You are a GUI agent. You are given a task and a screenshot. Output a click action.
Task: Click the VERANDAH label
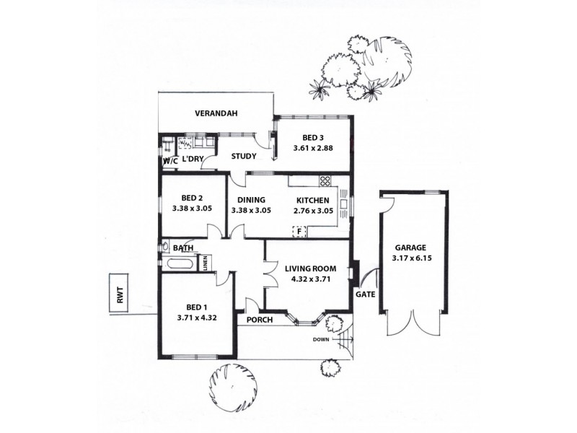pos(216,113)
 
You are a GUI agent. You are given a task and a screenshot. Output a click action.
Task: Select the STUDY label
pos(244,155)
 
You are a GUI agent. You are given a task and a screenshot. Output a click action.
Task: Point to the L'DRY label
pos(192,159)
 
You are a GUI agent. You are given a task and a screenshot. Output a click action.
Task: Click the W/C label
pos(170,161)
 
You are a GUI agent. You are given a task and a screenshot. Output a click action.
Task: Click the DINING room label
pos(250,200)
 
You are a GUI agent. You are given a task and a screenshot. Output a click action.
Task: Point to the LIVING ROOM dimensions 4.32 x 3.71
pos(310,279)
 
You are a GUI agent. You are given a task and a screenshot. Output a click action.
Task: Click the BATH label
pos(182,248)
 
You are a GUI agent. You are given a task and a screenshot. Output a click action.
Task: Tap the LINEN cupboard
pos(206,263)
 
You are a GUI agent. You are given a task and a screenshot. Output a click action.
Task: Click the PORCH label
pos(259,320)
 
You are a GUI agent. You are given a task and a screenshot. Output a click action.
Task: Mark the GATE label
pos(364,294)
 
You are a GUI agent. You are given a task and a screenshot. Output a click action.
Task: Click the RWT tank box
pos(118,294)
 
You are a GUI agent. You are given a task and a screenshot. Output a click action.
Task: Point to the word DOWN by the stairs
pos(322,338)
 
